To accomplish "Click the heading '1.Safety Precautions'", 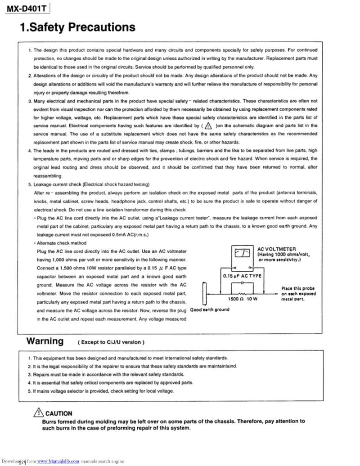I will click(77, 28).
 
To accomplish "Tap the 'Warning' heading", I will click(45, 341).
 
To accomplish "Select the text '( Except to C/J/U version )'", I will click(112, 342).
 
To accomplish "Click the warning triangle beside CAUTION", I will click(38, 413).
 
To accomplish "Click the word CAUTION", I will click(58, 413).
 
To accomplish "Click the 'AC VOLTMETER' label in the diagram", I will click(276, 249).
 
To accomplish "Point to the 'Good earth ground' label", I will click(210, 309).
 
